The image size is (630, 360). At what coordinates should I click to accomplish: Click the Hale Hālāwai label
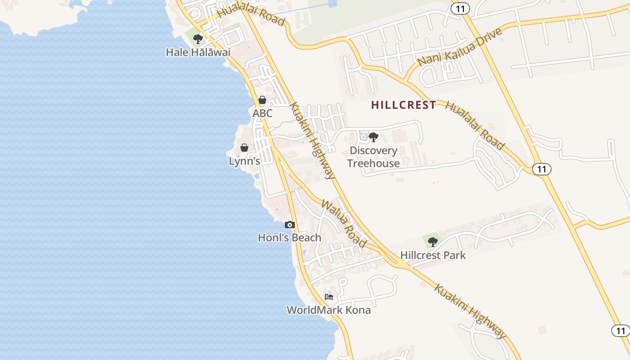[x=198, y=52]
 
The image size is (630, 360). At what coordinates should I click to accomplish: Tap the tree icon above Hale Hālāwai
[x=198, y=39]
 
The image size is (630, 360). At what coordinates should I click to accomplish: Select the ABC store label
[x=262, y=113]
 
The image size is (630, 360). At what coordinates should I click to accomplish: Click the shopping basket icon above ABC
[x=262, y=100]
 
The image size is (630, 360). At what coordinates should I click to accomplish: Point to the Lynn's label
[x=244, y=161]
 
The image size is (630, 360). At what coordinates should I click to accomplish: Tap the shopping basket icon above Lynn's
[x=244, y=148]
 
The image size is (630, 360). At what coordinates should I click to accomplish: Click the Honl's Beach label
[x=289, y=238]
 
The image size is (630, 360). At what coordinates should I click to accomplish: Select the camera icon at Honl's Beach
[x=290, y=225]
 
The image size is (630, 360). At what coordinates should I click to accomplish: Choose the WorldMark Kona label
[x=328, y=310]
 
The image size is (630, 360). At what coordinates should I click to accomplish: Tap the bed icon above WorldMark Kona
[x=329, y=297]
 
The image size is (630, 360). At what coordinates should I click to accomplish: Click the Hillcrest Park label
[x=433, y=255]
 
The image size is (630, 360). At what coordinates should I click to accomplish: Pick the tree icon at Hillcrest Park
[x=433, y=242]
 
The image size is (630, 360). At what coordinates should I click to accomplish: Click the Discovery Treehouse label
[x=373, y=157]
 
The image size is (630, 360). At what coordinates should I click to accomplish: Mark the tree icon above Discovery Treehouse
[x=373, y=137]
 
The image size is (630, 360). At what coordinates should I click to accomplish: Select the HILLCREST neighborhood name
[x=404, y=105]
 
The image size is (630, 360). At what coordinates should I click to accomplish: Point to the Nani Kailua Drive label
[x=459, y=47]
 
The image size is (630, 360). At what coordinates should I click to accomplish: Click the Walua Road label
[x=343, y=223]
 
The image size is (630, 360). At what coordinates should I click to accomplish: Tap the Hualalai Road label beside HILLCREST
[x=475, y=125]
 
